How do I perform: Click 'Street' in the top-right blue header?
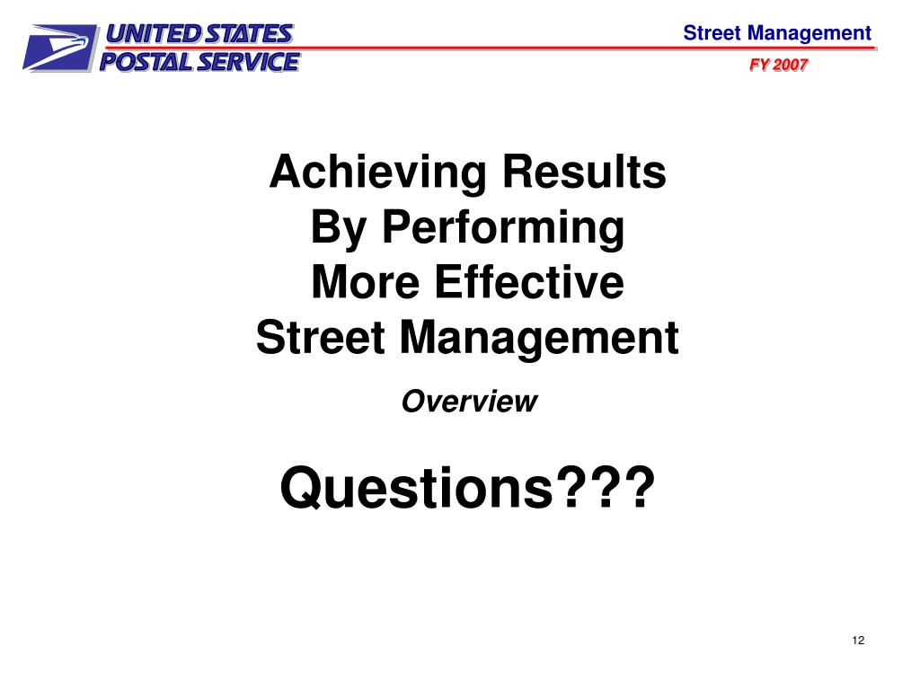[712, 34]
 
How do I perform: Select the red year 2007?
[792, 66]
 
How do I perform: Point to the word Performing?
[502, 228]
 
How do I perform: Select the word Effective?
[529, 283]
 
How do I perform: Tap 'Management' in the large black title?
[539, 339]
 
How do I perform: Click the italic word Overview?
[468, 402]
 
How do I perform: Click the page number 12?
[857, 640]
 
